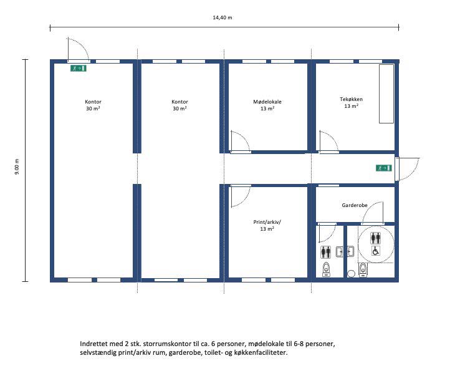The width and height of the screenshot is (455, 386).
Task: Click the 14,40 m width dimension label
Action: tap(223, 17)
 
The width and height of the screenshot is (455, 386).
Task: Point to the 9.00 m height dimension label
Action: tap(17, 166)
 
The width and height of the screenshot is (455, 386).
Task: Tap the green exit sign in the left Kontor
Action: tap(79, 69)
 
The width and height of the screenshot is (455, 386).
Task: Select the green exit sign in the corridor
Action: tap(383, 168)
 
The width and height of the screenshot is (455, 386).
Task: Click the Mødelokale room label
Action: tap(267, 102)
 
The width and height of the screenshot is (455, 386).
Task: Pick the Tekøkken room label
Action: tap(351, 99)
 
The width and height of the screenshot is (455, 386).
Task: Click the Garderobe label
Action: tap(355, 205)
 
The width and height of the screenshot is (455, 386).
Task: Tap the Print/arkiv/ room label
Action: tap(267, 222)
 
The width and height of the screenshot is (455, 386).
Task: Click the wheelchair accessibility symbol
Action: tap(375, 251)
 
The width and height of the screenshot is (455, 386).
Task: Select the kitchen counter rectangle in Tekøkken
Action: tap(386, 94)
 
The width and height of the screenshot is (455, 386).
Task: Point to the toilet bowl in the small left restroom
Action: tap(327, 269)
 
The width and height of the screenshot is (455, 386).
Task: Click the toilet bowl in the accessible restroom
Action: tap(363, 269)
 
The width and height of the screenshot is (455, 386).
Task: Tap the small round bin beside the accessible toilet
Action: tap(352, 273)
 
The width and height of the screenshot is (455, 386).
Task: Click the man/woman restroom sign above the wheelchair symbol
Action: tap(375, 238)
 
